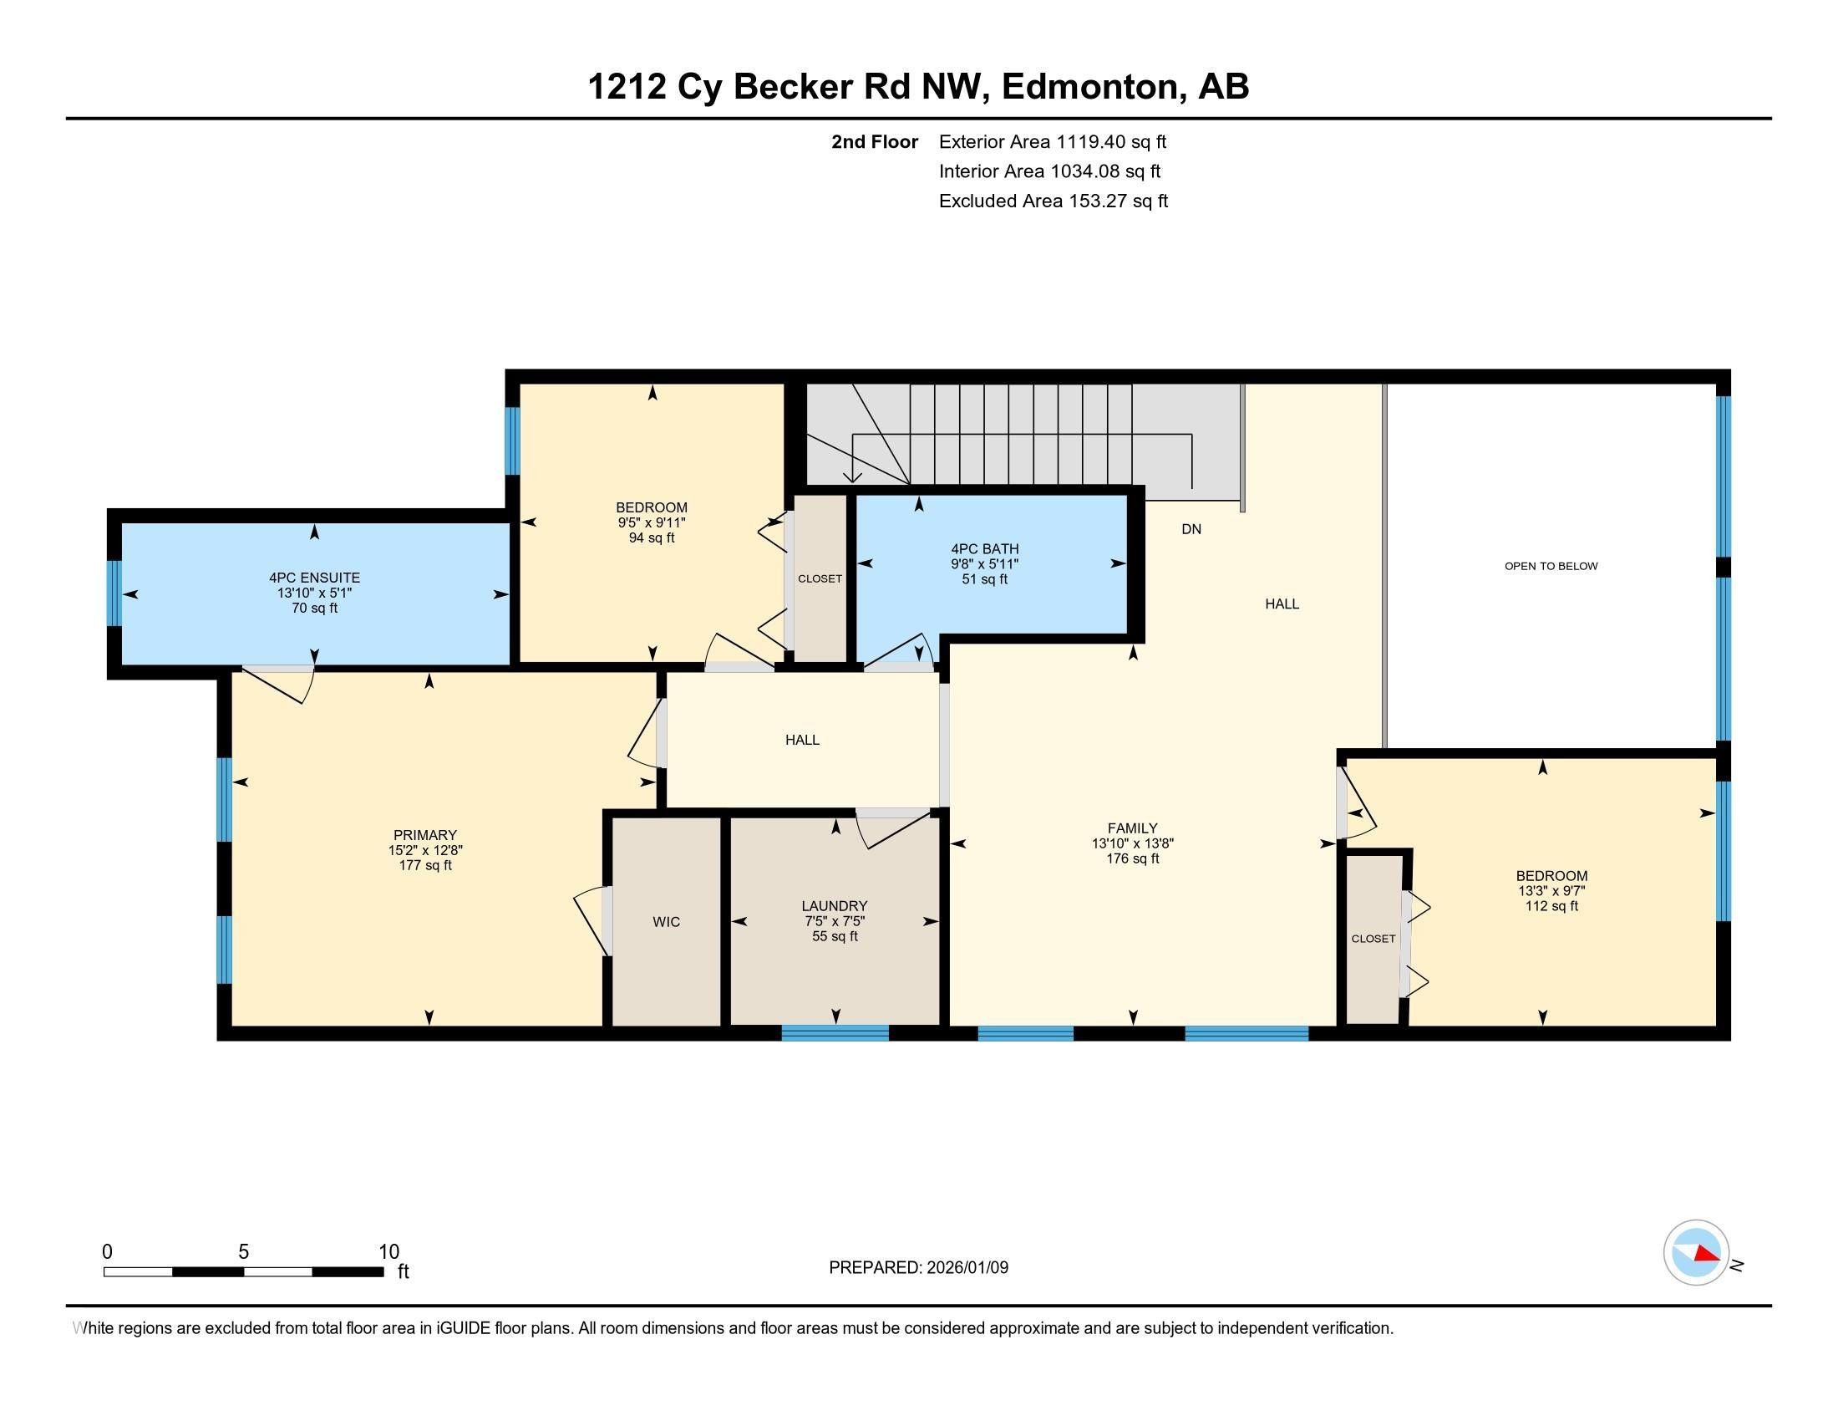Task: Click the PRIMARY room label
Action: click(424, 835)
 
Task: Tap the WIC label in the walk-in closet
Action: click(666, 922)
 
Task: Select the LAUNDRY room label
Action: click(834, 906)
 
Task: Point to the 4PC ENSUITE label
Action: click(315, 578)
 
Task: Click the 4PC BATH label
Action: click(985, 549)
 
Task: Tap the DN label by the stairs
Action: click(1191, 528)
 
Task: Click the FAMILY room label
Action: click(1132, 828)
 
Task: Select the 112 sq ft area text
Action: click(1551, 906)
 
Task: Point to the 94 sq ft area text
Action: click(652, 537)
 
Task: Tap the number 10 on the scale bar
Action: click(388, 1251)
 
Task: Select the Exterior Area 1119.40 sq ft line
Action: click(1052, 141)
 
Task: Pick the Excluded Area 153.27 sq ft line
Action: click(1053, 201)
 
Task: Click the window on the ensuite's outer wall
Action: click(114, 593)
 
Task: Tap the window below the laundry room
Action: click(835, 1033)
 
